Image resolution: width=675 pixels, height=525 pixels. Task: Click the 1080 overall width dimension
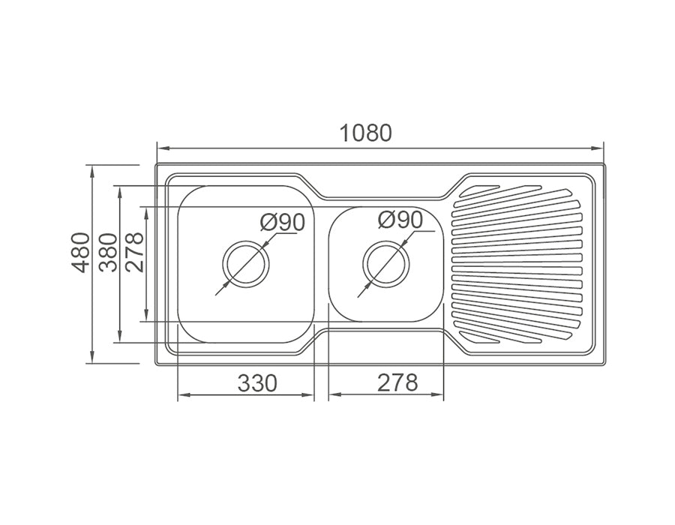coord(365,133)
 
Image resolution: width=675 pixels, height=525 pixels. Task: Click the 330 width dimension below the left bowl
coord(257,383)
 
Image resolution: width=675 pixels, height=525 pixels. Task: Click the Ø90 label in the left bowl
coord(283,223)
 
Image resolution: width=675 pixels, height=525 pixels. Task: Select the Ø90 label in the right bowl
coord(400,220)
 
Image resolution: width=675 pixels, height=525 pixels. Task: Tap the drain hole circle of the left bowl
coord(245,264)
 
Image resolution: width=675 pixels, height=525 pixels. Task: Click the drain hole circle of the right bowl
coord(386,264)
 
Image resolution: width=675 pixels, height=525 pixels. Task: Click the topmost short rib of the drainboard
coord(479,187)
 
